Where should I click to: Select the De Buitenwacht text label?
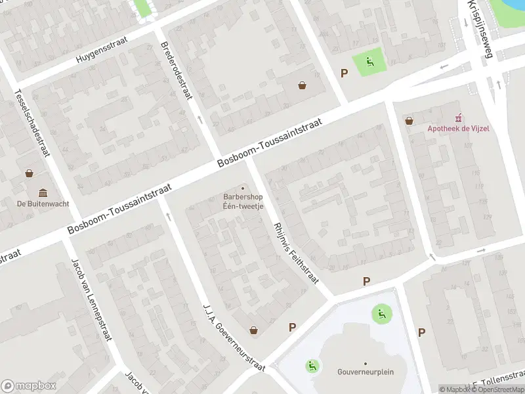point(43,204)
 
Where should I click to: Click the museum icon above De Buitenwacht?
point(43,192)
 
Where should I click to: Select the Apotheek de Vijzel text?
point(458,129)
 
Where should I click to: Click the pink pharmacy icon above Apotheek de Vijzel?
point(459,118)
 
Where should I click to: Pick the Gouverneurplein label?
point(366,372)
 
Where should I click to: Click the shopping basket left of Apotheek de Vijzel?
point(409,121)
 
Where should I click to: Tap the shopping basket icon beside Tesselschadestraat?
point(29,174)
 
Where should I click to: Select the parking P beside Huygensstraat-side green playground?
point(343,73)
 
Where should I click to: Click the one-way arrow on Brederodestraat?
point(199,120)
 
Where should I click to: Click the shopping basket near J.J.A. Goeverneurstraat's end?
point(253,330)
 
